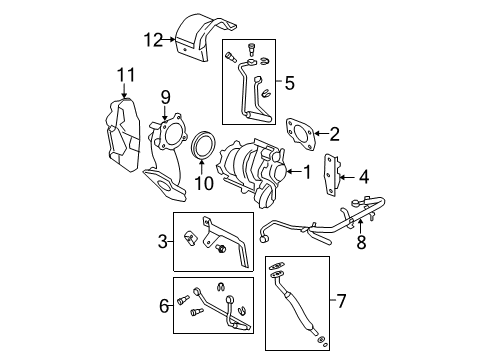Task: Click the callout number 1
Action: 306,171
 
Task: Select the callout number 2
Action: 335,132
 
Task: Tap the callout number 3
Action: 162,242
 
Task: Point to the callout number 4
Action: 363,178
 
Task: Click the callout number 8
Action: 362,242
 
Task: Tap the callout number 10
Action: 204,183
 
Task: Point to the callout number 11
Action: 124,74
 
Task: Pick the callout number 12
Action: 152,40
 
